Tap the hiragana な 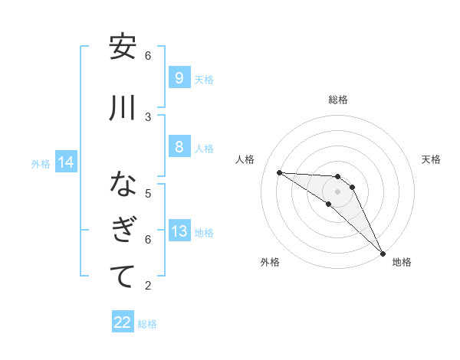point(123,185)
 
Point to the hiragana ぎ point(123,231)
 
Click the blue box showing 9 point(179,78)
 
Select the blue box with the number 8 point(179,147)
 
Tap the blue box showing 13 point(179,231)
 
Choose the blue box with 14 point(65,162)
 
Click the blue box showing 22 point(123,322)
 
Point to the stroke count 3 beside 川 point(148,116)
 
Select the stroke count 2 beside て point(148,286)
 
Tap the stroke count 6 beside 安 point(148,55)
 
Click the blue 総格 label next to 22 point(147,324)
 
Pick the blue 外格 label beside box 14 point(41,163)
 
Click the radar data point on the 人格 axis point(279,172)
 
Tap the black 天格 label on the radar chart point(431,159)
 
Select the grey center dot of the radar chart point(337,191)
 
